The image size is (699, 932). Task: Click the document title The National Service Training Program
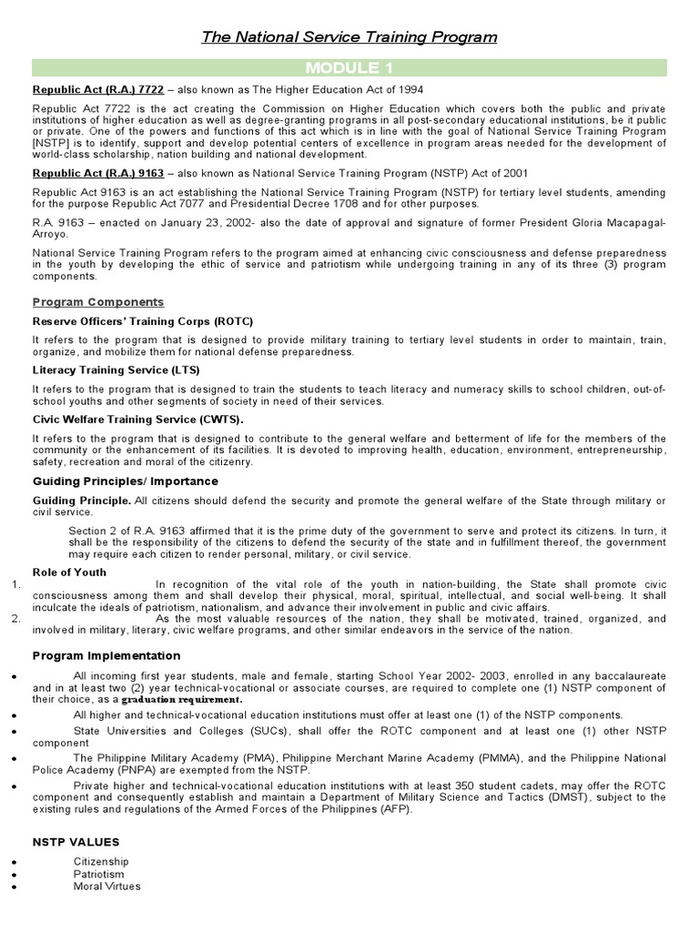click(x=349, y=37)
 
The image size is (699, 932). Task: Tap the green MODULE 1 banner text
click(x=349, y=68)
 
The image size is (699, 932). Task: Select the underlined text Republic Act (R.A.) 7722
click(x=98, y=89)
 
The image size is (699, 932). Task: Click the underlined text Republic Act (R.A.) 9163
click(x=98, y=173)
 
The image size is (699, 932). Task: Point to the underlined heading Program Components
click(x=98, y=302)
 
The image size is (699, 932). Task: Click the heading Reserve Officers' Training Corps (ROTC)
click(x=143, y=321)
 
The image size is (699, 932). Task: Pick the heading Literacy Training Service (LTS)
click(x=116, y=370)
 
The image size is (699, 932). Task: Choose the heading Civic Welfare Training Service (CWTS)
click(x=138, y=420)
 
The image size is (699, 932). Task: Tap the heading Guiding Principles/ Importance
click(x=126, y=481)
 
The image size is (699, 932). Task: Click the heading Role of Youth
click(x=69, y=572)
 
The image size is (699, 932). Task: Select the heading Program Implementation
click(x=106, y=655)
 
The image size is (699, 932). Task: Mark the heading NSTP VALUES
click(x=76, y=842)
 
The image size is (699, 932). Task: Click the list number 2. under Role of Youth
click(x=15, y=619)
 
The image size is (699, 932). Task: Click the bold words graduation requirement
click(x=182, y=700)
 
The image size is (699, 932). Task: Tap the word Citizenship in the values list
click(x=101, y=862)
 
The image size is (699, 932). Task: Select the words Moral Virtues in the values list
click(x=107, y=886)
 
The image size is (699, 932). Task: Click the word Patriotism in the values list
click(x=99, y=875)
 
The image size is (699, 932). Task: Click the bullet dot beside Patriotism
click(x=8, y=876)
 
